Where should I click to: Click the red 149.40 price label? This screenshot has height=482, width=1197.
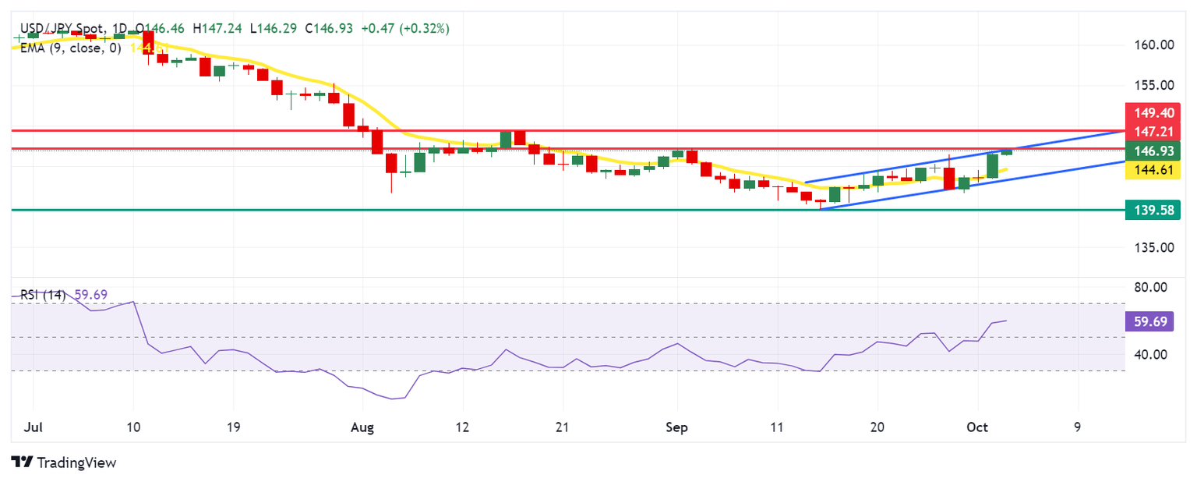coord(1153,113)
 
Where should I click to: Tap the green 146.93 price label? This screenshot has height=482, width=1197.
coord(1153,151)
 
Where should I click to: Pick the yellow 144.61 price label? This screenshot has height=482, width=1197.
coord(1153,170)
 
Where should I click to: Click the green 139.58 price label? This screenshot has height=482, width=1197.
coord(1153,209)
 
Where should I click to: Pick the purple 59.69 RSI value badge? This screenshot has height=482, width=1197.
coord(1152,321)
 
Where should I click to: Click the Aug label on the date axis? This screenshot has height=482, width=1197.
coord(362,427)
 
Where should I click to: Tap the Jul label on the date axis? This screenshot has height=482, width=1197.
coord(34,427)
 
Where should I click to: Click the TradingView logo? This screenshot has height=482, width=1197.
coord(65,463)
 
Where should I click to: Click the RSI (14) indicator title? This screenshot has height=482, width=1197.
coord(43,295)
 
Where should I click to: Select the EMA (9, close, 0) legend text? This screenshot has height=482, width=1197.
coord(71,47)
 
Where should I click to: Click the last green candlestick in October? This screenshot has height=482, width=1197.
coord(1006,151)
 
